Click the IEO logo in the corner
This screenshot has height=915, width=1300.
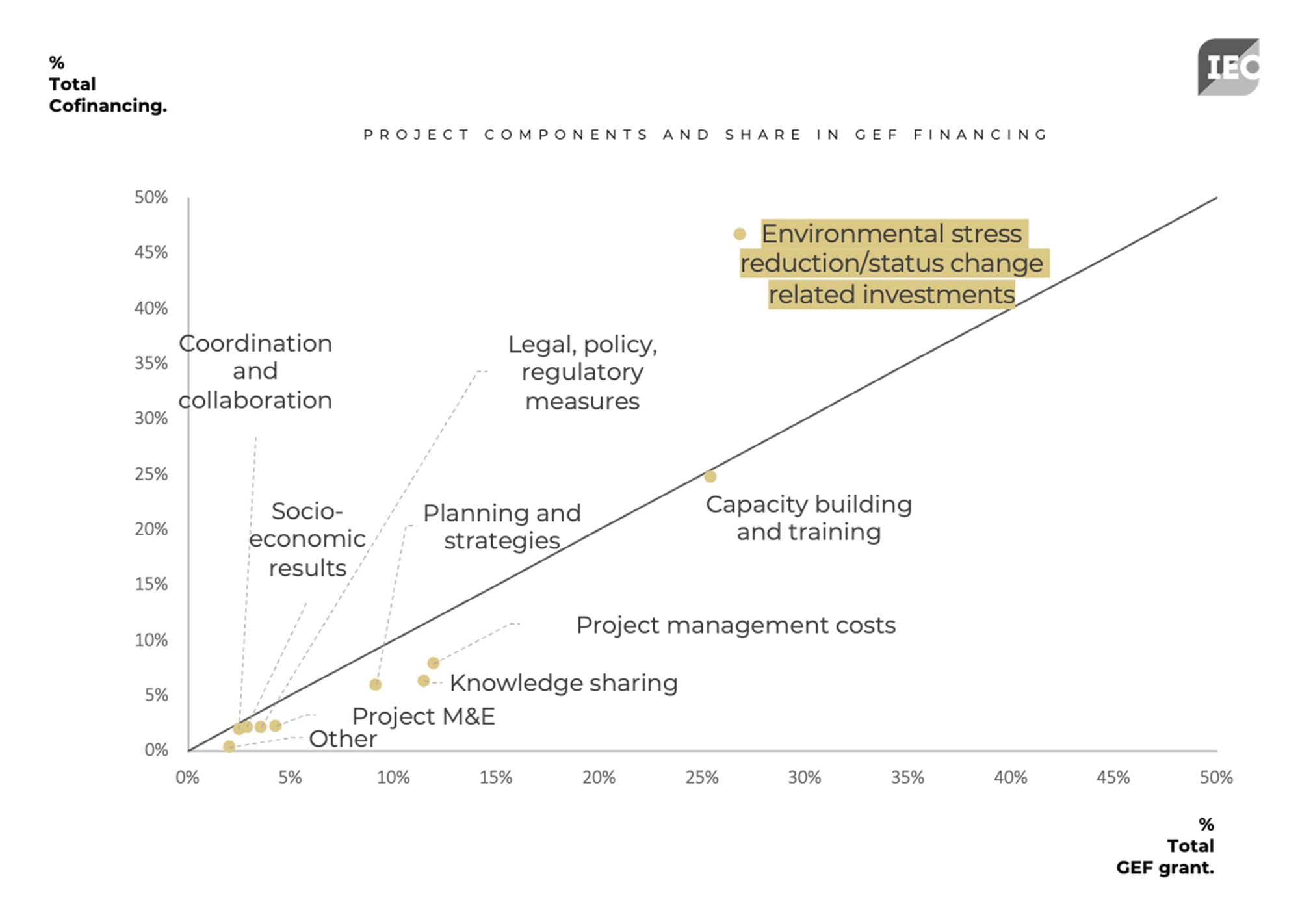click(x=1228, y=67)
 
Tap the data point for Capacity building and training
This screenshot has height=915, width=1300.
click(x=710, y=476)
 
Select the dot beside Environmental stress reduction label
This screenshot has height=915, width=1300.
click(x=740, y=234)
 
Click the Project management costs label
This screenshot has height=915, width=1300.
click(x=735, y=625)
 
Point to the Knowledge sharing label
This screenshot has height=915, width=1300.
click(x=563, y=683)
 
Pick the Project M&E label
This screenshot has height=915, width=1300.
click(x=423, y=716)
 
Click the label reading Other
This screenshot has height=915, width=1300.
click(x=343, y=739)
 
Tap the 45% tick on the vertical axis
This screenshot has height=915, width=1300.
click(x=151, y=252)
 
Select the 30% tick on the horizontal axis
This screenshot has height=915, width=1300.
click(x=805, y=777)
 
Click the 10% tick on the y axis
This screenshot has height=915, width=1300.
click(x=151, y=640)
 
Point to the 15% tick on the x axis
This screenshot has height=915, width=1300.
click(x=496, y=777)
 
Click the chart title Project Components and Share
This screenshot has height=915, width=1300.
click(x=706, y=135)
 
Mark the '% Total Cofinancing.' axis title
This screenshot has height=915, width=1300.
click(x=107, y=84)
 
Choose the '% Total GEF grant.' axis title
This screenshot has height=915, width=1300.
click(x=1165, y=845)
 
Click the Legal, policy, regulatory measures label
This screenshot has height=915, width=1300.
click(x=582, y=372)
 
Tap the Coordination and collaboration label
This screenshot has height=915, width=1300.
click(x=255, y=372)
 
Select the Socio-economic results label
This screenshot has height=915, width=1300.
click(x=307, y=539)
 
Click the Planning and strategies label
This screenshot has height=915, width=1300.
click(x=502, y=526)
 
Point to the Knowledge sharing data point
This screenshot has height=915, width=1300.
click(x=424, y=680)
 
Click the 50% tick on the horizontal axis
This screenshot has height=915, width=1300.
click(x=1216, y=777)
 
